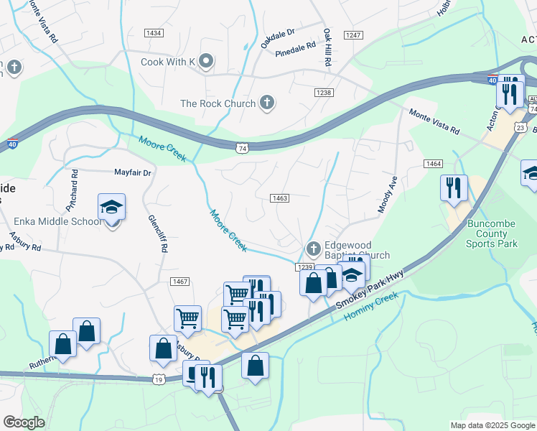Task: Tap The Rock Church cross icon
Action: tap(267, 103)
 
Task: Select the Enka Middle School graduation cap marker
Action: tap(111, 208)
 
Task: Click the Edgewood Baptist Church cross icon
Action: tap(313, 249)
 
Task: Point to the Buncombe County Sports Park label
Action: tap(492, 233)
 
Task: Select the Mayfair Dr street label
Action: tap(133, 172)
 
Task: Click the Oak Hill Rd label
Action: tap(327, 48)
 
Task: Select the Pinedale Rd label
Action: tap(295, 49)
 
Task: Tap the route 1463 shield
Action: tap(280, 198)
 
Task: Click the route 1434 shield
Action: tap(153, 33)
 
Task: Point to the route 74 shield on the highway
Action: tap(243, 147)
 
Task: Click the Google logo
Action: tap(24, 422)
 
